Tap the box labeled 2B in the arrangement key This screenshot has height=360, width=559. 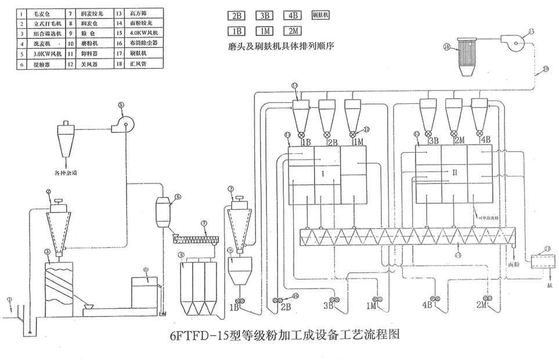tap(236, 16)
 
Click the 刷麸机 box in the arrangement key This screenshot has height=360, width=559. tap(320, 16)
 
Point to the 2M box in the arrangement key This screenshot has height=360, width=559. tap(291, 31)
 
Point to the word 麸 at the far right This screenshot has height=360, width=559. tap(549, 286)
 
